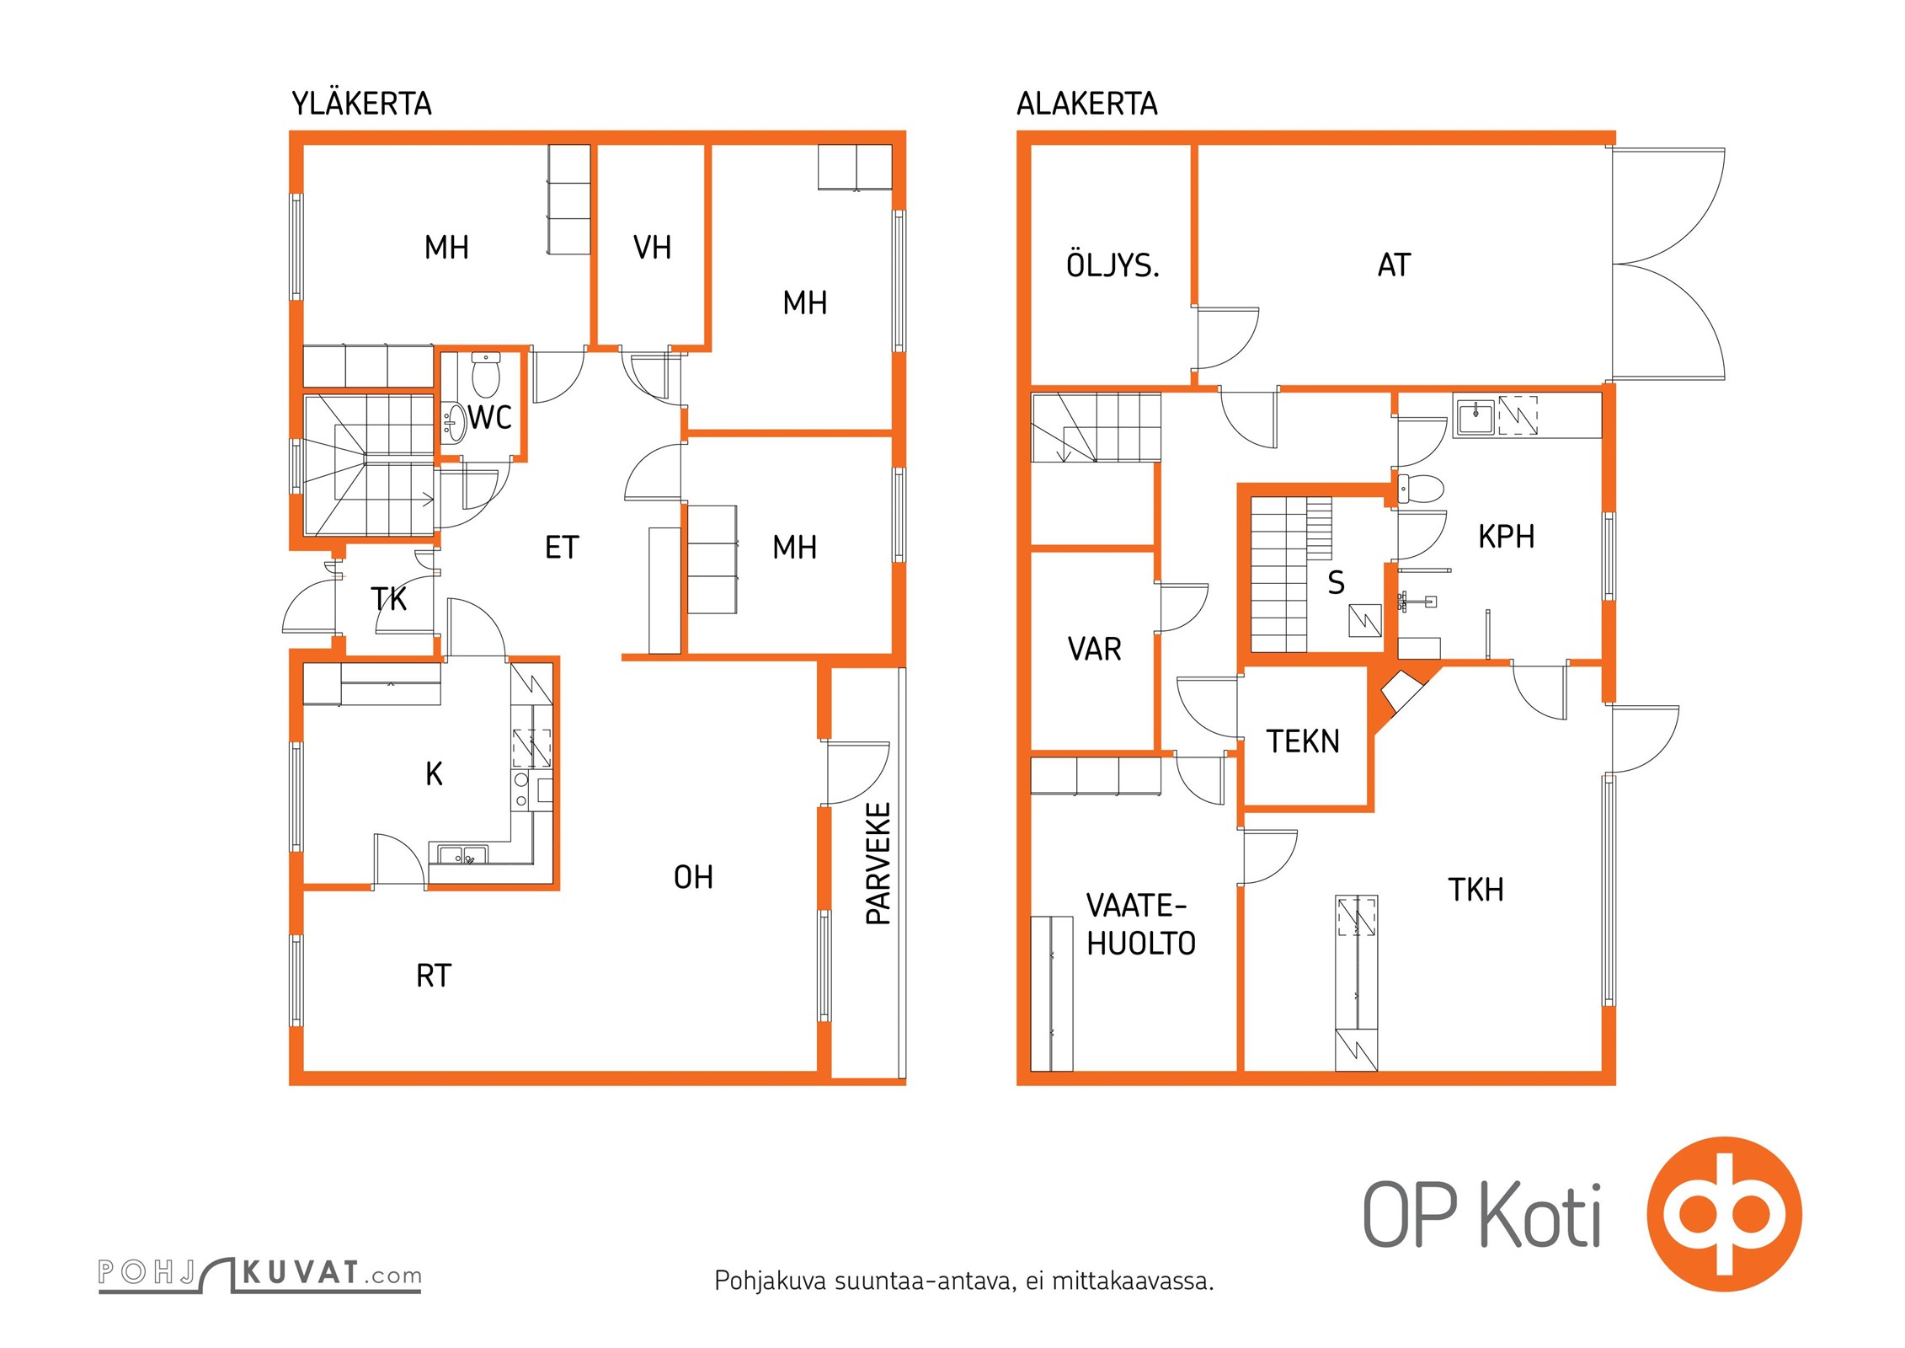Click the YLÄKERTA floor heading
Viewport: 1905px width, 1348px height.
click(x=361, y=104)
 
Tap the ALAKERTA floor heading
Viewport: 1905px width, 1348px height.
click(x=1086, y=104)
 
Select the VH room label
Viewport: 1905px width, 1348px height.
click(x=652, y=248)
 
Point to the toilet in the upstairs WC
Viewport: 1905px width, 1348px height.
click(x=486, y=375)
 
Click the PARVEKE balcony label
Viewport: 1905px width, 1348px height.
click(x=878, y=864)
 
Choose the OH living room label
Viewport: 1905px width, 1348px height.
click(x=693, y=878)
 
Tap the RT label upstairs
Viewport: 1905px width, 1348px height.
click(x=434, y=976)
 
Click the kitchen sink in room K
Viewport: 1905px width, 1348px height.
click(x=462, y=855)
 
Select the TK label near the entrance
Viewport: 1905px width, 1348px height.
click(x=388, y=599)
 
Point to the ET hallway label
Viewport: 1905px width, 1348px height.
click(x=562, y=548)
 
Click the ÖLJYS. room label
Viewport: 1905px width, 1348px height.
click(x=1113, y=265)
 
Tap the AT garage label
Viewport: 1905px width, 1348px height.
click(x=1394, y=265)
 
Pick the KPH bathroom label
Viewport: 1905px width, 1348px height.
click(x=1506, y=537)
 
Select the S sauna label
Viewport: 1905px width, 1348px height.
click(x=1336, y=583)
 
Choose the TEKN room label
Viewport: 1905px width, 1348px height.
click(x=1303, y=741)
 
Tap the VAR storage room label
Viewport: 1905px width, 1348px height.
click(x=1094, y=650)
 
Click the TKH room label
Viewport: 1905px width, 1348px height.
click(x=1475, y=890)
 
